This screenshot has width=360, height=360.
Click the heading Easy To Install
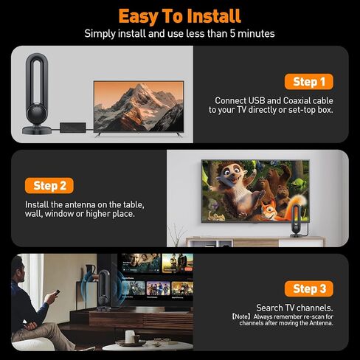tap(179, 15)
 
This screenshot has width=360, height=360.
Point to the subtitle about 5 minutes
tap(179, 33)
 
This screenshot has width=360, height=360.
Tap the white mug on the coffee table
tap(130, 336)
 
